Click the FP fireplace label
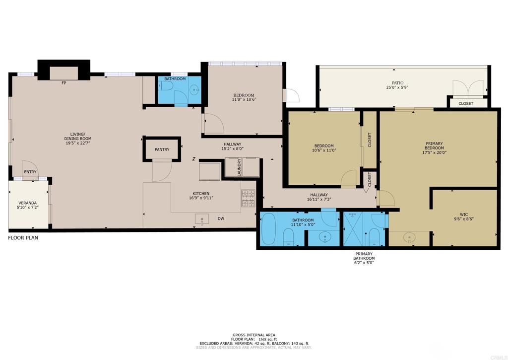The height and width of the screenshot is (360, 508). click(64, 83)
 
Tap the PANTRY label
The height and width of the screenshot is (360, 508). click(162, 149)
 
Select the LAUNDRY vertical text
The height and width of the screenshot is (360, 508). click(240, 167)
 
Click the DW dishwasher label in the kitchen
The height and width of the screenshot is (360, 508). click(221, 218)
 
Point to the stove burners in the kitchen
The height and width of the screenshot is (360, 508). click(248, 198)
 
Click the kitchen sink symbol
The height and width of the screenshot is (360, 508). click(202, 219)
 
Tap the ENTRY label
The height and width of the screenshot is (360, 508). click(30, 172)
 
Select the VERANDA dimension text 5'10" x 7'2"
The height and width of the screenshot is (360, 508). click(28, 207)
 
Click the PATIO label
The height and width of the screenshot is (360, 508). click(397, 83)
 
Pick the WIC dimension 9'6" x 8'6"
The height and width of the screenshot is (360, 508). click(464, 218)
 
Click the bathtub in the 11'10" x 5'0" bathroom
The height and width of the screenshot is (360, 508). click(268, 229)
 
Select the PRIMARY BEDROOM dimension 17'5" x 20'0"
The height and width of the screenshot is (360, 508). click(434, 152)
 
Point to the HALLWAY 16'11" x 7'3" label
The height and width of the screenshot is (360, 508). click(319, 197)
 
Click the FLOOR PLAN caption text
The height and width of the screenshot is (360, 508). click(23, 238)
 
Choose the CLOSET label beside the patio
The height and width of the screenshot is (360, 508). click(466, 103)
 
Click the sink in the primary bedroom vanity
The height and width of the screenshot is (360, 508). click(409, 238)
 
